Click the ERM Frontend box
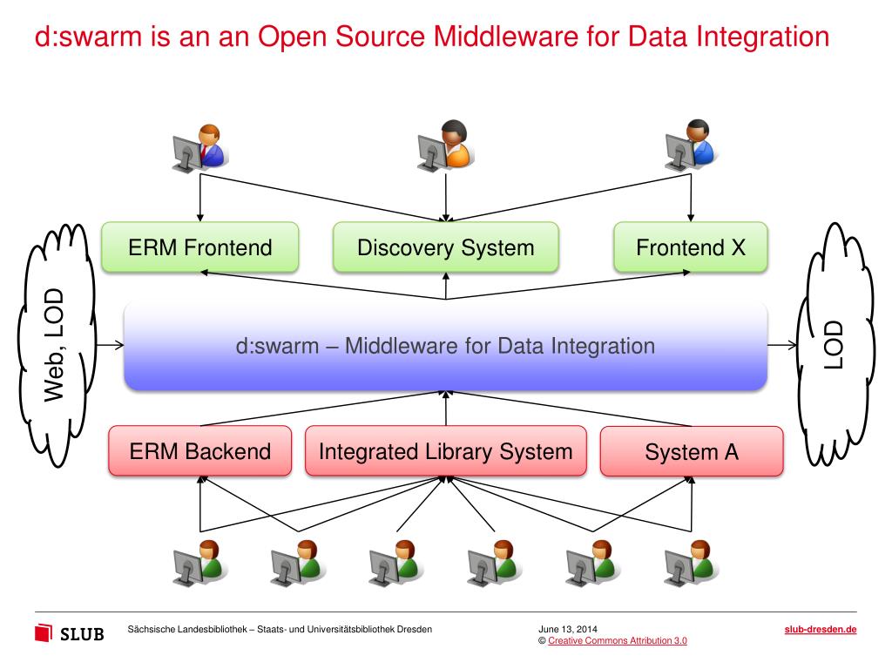click(200, 247)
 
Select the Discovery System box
click(445, 247)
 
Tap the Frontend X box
click(691, 247)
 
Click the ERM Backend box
click(200, 451)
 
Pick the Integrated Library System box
click(445, 451)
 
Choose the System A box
click(691, 452)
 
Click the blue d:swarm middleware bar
click(445, 347)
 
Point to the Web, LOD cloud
click(55, 344)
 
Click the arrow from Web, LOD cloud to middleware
click(110, 345)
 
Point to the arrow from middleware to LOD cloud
click(781, 345)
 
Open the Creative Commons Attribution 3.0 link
click(618, 641)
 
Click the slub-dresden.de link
click(821, 629)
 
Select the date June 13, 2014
click(568, 629)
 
